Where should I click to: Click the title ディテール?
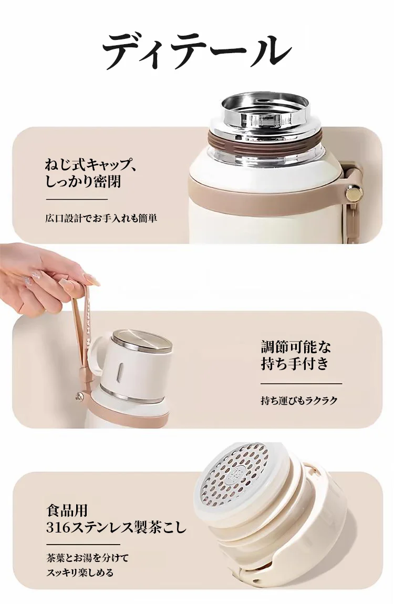tap(196, 51)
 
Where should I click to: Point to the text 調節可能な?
tap(296, 347)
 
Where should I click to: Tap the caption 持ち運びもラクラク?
tap(299, 401)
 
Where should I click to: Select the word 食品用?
tap(66, 510)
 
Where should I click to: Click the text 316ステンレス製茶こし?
tap(116, 527)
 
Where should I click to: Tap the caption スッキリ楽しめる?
tap(79, 572)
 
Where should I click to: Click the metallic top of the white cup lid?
tap(142, 340)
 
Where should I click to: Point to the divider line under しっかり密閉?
tap(77, 199)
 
